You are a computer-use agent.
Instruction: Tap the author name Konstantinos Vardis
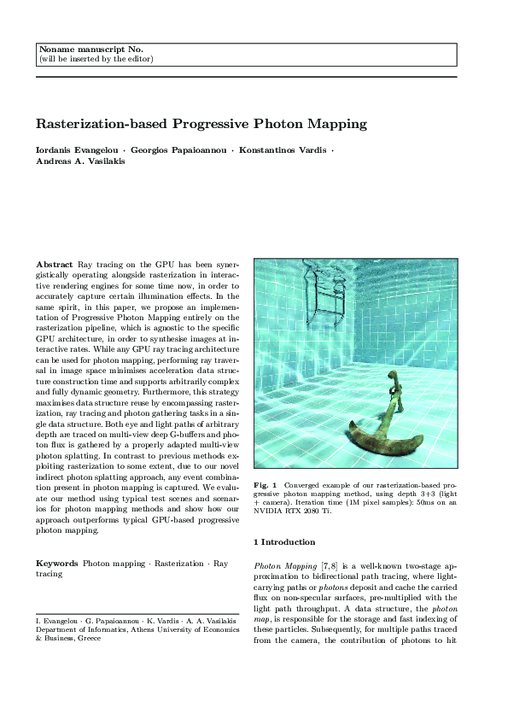point(281,149)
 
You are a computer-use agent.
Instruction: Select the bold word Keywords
point(56,564)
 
